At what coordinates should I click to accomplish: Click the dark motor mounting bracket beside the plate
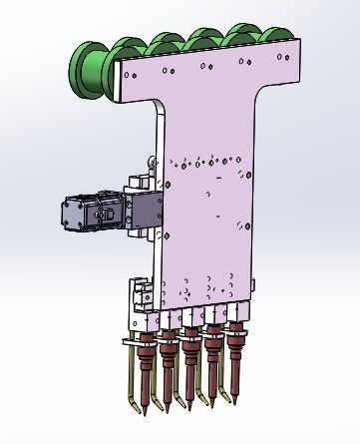(143, 212)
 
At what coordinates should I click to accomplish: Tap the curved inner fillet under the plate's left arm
(164, 107)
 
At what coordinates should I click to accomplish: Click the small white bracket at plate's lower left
(140, 295)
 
